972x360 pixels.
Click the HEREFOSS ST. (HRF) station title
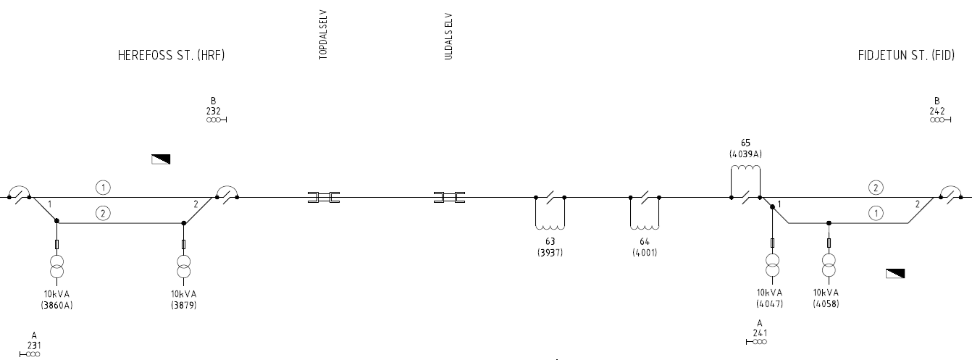click(x=172, y=56)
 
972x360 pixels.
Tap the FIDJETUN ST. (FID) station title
click(x=906, y=56)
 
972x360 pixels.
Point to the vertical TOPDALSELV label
click(x=323, y=35)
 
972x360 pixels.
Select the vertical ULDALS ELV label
click(x=449, y=36)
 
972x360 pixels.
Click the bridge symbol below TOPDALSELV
click(x=324, y=197)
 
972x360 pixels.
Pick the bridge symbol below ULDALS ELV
click(x=450, y=197)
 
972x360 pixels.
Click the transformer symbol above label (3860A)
click(x=56, y=267)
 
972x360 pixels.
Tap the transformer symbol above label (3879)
click(x=183, y=267)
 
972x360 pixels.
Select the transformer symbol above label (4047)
click(x=772, y=265)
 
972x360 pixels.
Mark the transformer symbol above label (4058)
click(x=829, y=265)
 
